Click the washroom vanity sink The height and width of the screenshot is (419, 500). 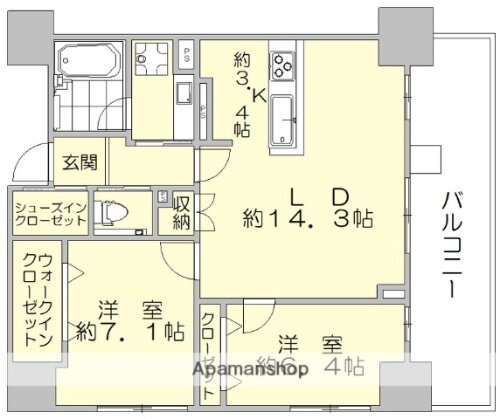[187, 95]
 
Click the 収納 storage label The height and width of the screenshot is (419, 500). [181, 211]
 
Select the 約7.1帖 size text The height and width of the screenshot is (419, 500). [127, 330]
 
